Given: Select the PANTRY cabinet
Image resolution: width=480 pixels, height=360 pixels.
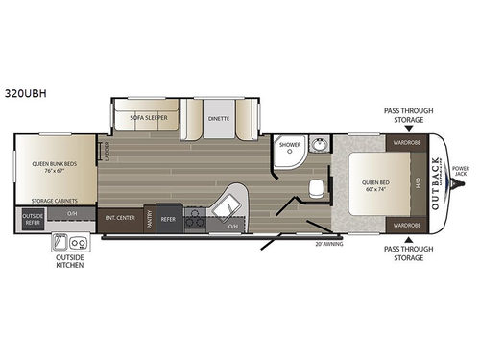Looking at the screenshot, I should coord(150,219).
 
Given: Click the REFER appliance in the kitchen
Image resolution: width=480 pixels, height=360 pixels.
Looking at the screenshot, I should coord(168,218).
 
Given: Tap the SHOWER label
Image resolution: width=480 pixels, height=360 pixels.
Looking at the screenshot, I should coord(289,145).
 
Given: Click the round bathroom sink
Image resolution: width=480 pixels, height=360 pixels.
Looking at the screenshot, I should coord(320,146).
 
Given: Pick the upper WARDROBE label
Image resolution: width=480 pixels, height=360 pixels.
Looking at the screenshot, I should coord(403,143).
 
